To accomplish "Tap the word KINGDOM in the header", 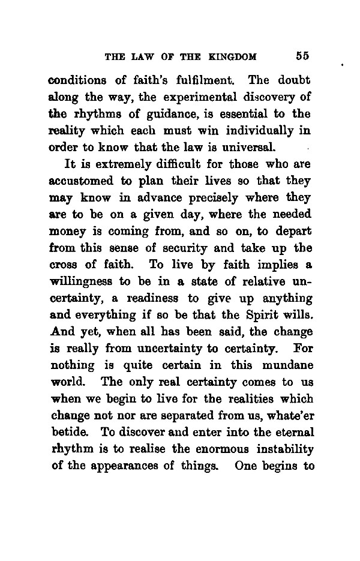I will (234, 57).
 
